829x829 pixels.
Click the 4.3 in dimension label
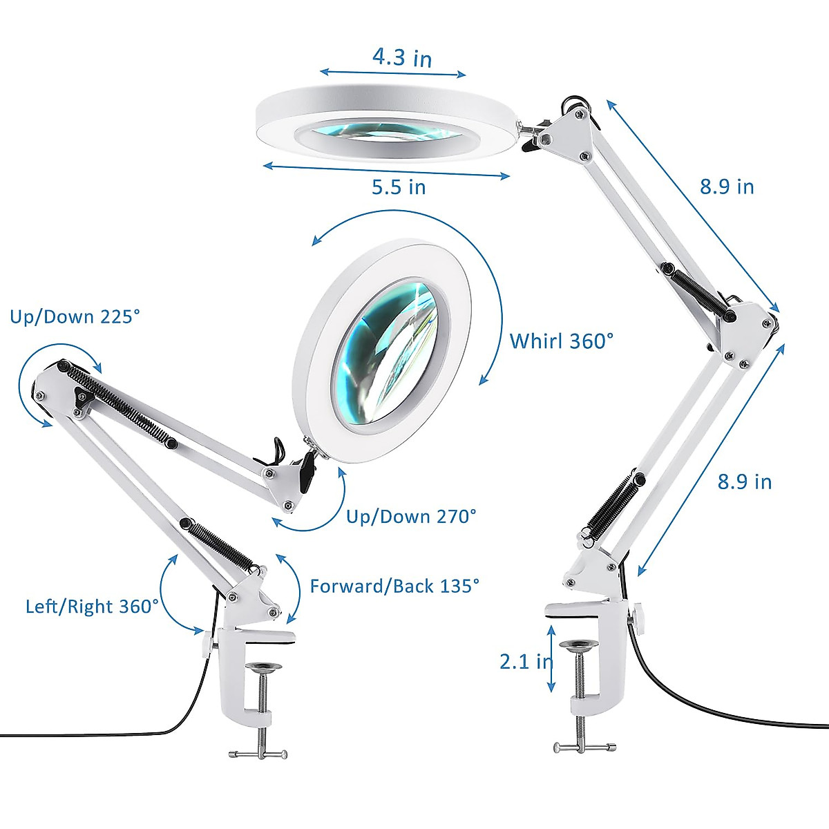(402, 57)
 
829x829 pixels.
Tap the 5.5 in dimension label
(399, 187)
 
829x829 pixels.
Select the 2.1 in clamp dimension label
(525, 661)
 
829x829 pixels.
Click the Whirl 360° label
(562, 341)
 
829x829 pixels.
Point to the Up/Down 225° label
(75, 316)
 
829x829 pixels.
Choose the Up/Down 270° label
(411, 516)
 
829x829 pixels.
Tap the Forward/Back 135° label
(394, 586)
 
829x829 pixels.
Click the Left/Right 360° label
(93, 607)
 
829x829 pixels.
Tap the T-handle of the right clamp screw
(584, 746)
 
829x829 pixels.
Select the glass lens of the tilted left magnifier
(385, 352)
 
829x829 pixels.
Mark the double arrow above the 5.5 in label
(387, 171)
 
